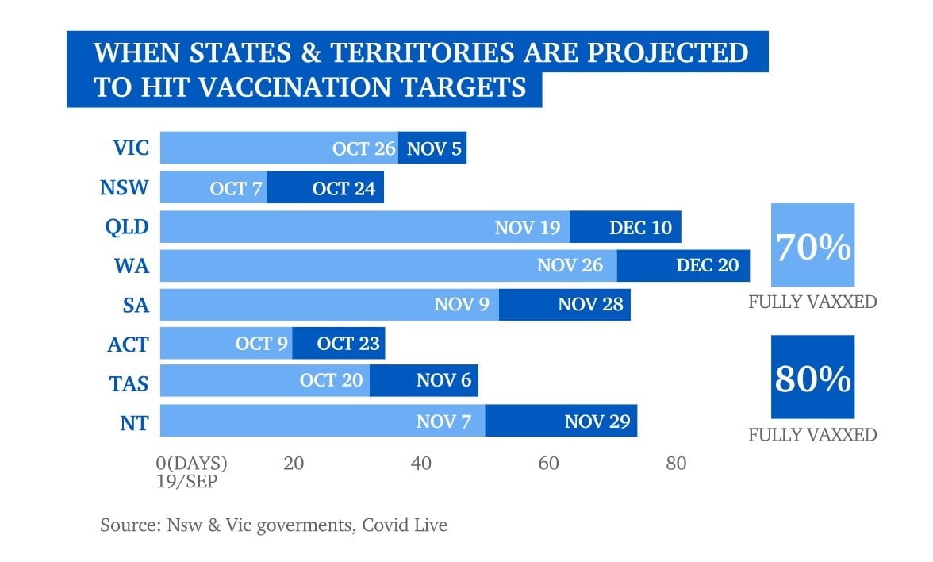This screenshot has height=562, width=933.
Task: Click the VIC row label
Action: point(131,148)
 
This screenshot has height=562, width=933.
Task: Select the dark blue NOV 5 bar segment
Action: point(432,148)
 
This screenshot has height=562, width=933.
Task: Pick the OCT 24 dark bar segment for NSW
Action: point(325,188)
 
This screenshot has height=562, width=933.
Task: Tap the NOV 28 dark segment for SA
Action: point(565,305)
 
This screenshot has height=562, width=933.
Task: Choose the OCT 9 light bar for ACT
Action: point(226,345)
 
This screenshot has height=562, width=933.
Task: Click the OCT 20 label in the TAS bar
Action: point(331,381)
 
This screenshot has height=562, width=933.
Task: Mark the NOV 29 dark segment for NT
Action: point(561,421)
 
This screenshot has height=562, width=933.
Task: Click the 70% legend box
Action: point(812,245)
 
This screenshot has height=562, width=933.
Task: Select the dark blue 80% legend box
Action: point(812,378)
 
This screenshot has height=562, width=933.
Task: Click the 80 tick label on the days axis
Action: point(675,464)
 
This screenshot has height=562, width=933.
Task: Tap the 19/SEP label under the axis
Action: point(188,480)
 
